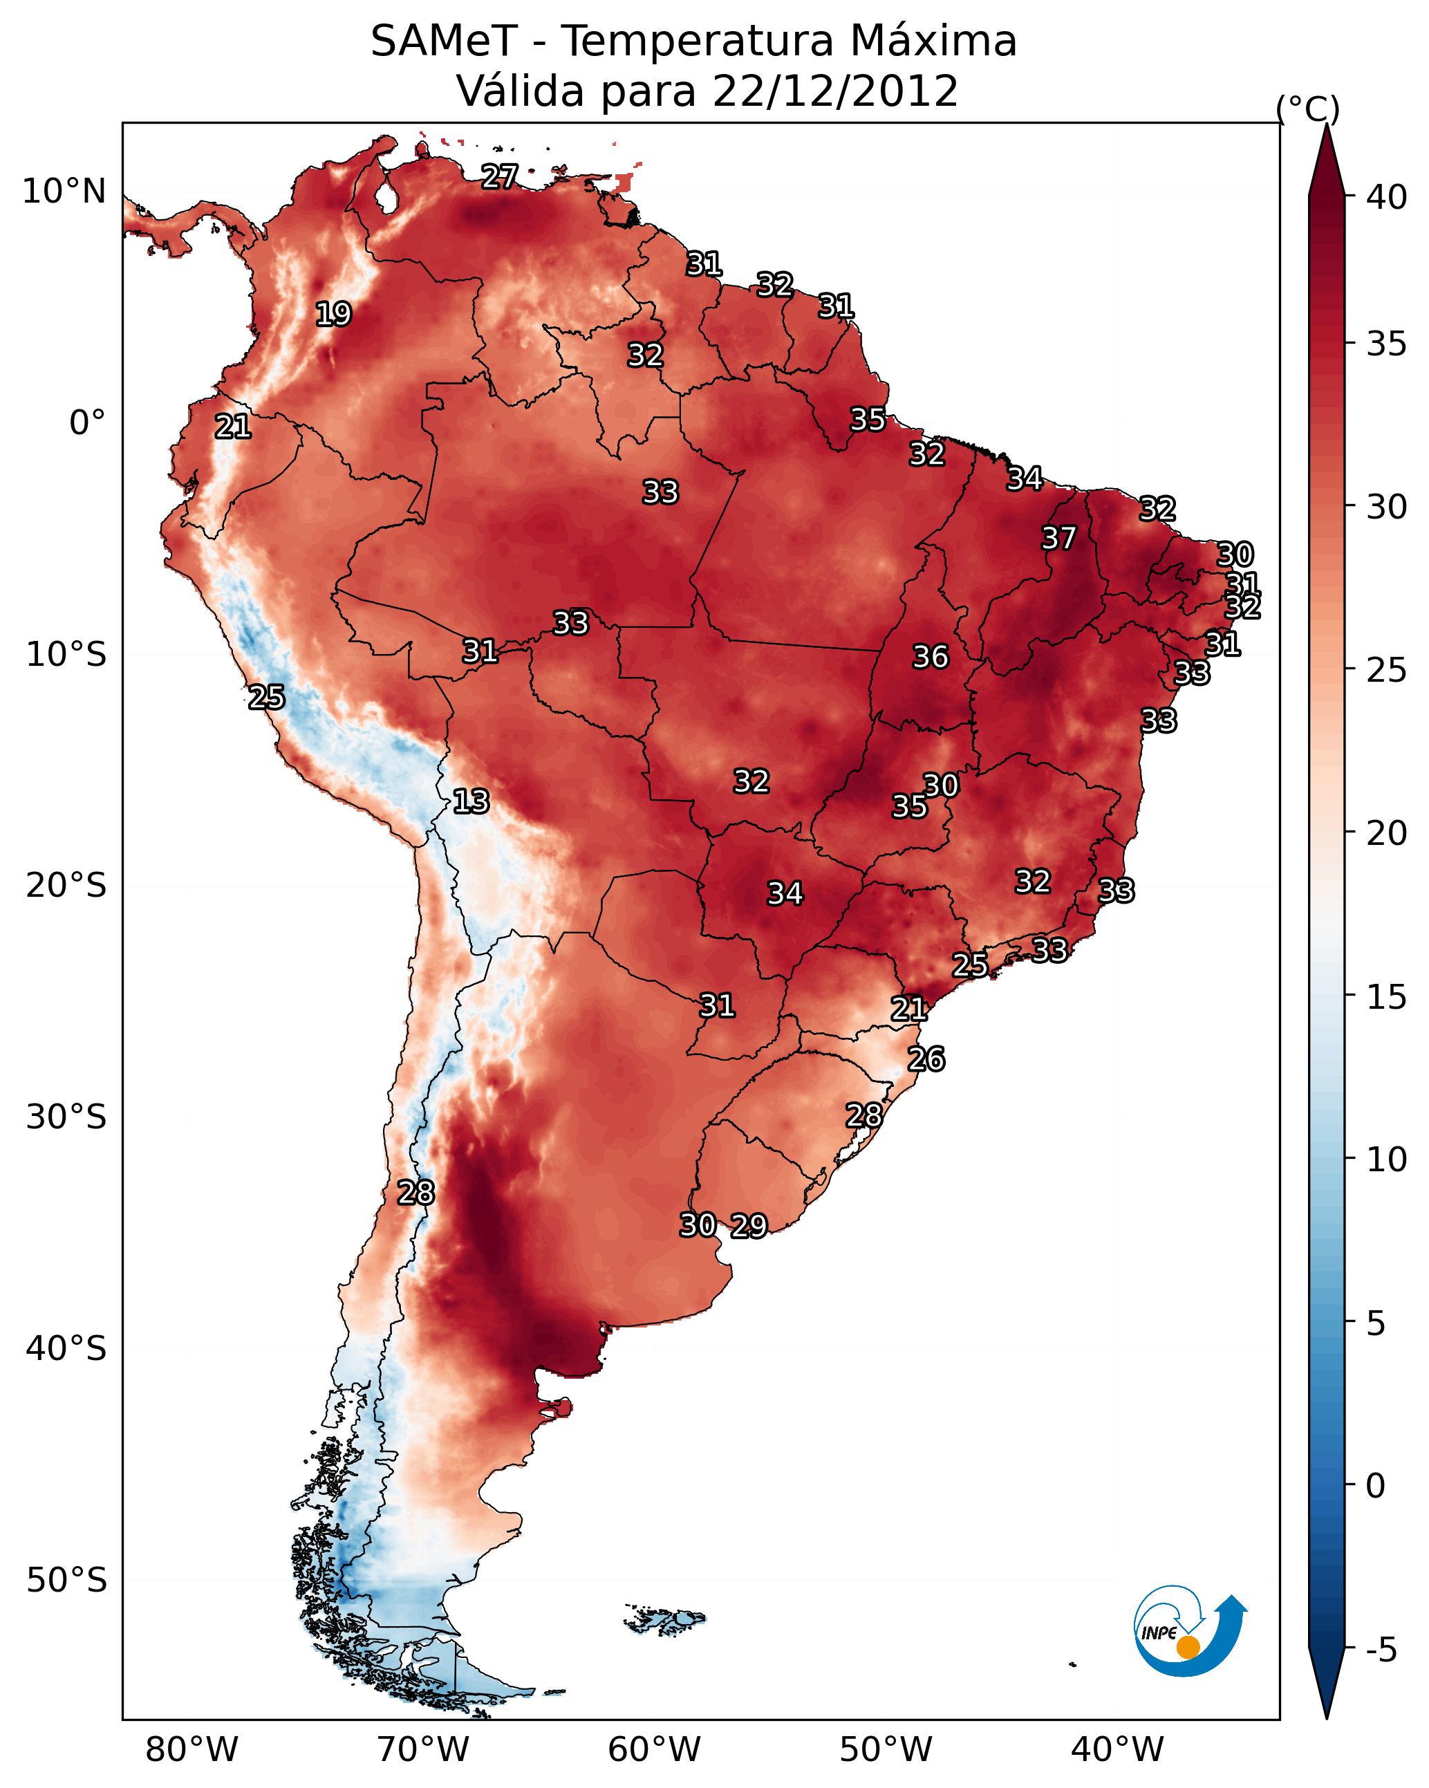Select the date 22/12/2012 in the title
point(834,91)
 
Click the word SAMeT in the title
point(444,41)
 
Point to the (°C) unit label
point(1307,109)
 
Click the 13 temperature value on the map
point(471,802)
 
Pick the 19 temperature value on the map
point(333,315)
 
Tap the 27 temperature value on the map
point(499,176)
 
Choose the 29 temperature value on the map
point(749,1227)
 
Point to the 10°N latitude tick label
point(64,192)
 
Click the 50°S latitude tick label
point(66,1581)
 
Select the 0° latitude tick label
point(87,423)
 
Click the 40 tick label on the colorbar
point(1387,197)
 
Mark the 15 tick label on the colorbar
point(1387,996)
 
